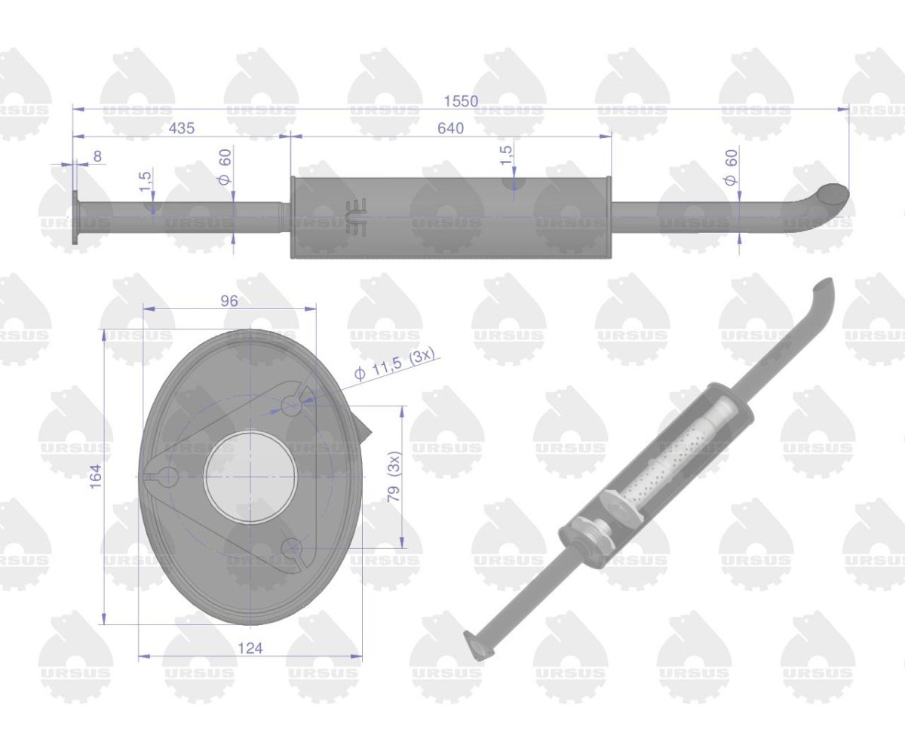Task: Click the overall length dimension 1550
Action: coord(461,101)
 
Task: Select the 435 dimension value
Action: coord(181,128)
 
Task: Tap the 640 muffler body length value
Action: coord(450,128)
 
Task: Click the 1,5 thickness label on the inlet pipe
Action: coord(146,180)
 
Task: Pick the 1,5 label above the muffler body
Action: coord(506,155)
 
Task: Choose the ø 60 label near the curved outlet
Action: coord(730,167)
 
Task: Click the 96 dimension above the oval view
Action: coord(229,300)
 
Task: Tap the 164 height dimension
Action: coord(95,477)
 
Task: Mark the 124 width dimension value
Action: coord(250,648)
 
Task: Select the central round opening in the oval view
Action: coord(250,477)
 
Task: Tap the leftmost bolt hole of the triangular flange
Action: coord(167,477)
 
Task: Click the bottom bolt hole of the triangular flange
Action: coord(292,548)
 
